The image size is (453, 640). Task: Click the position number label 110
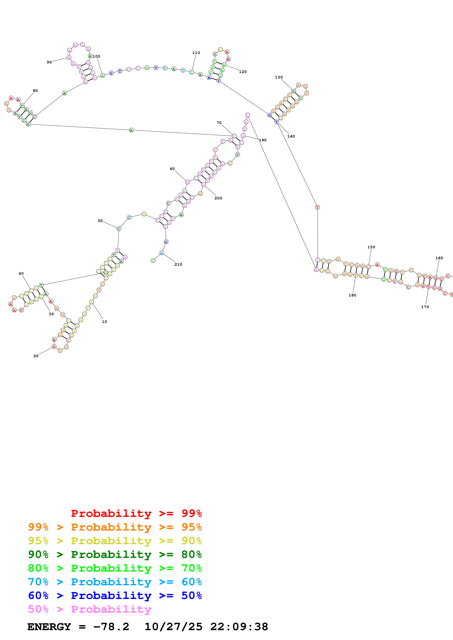click(196, 53)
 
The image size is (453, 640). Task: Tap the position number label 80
click(35, 91)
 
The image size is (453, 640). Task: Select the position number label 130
click(279, 77)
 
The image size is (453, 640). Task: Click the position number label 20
click(36, 356)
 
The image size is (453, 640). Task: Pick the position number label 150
click(371, 247)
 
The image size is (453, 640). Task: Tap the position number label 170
click(425, 307)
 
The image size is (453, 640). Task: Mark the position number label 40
click(21, 273)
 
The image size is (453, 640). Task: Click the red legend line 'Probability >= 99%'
click(137, 513)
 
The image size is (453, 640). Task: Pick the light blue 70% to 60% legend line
click(115, 582)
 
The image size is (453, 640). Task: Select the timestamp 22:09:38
click(239, 627)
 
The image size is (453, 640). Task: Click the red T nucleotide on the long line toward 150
click(317, 207)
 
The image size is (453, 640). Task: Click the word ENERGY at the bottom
click(49, 627)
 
